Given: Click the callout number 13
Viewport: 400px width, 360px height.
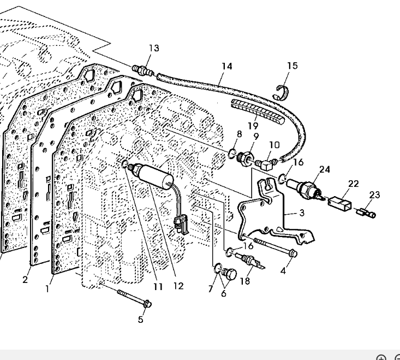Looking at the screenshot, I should [154, 48].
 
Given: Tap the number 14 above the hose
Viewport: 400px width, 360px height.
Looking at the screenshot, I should [226, 66].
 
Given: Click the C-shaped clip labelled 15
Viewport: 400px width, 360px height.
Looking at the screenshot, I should [282, 91].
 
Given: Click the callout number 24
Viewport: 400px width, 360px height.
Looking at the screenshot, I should [325, 169].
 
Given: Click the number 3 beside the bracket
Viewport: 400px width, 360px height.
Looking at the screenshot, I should [302, 214].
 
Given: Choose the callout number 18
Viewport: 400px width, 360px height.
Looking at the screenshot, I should [244, 281].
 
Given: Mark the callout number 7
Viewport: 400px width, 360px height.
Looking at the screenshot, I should [211, 289].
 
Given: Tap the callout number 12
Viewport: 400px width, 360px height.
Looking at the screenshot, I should [178, 286].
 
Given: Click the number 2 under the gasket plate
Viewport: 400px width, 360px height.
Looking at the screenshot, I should [25, 280].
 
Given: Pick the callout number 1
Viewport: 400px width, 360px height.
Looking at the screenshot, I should [47, 288].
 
